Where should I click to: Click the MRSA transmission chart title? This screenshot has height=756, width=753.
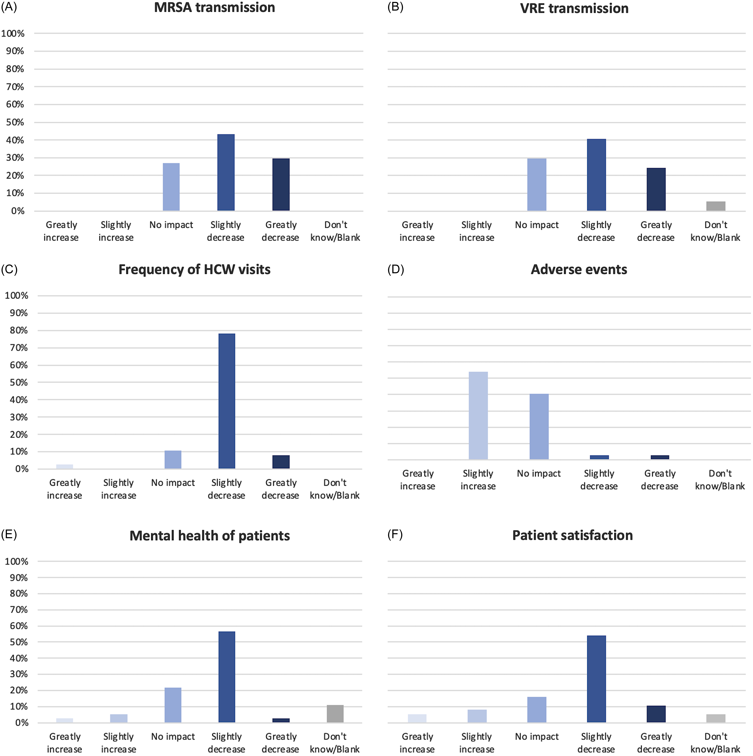pos(214,8)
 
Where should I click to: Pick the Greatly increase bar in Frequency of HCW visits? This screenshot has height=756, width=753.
pos(65,466)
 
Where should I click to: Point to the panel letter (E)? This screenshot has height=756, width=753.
pos(9,535)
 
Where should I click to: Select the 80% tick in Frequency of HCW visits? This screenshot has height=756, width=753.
pos(18,330)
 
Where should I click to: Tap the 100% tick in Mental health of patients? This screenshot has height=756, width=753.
pos(16,561)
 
